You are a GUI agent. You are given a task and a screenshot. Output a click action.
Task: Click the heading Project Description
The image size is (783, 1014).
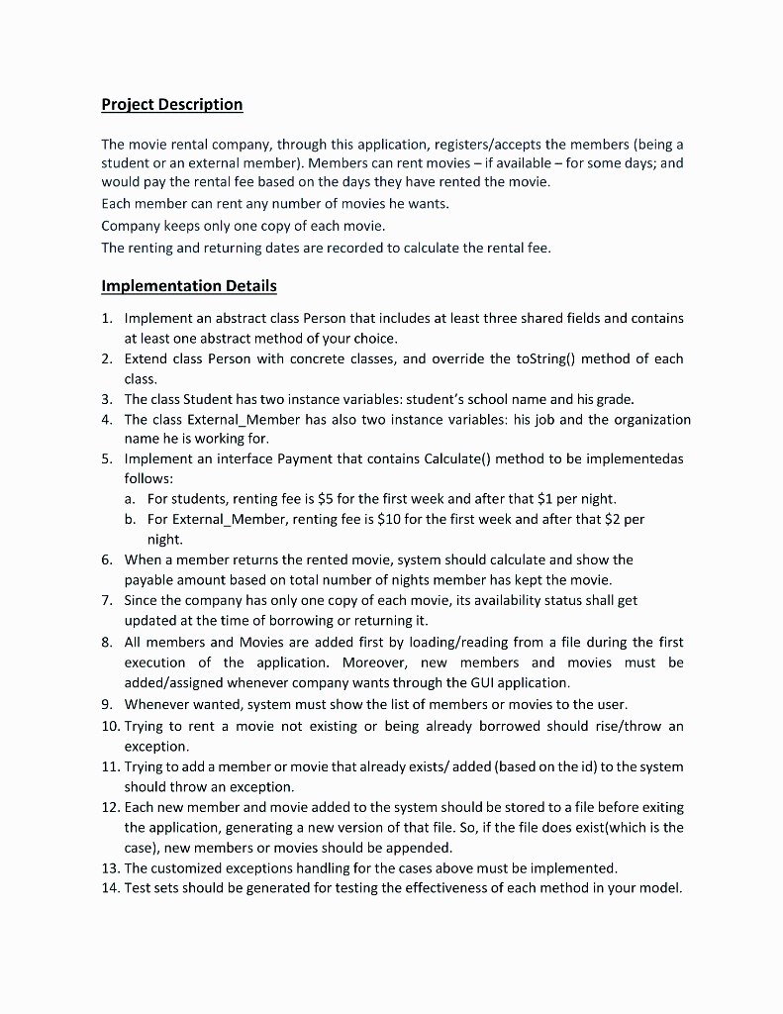point(171,104)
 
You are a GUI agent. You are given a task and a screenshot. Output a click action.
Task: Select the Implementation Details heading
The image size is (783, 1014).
point(189,285)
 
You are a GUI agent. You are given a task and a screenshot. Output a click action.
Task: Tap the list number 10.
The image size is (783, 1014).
point(110,726)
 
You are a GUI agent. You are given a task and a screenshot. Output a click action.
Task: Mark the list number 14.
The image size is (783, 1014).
point(110,887)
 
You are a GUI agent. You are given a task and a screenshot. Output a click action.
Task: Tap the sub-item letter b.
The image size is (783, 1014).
point(130,519)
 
